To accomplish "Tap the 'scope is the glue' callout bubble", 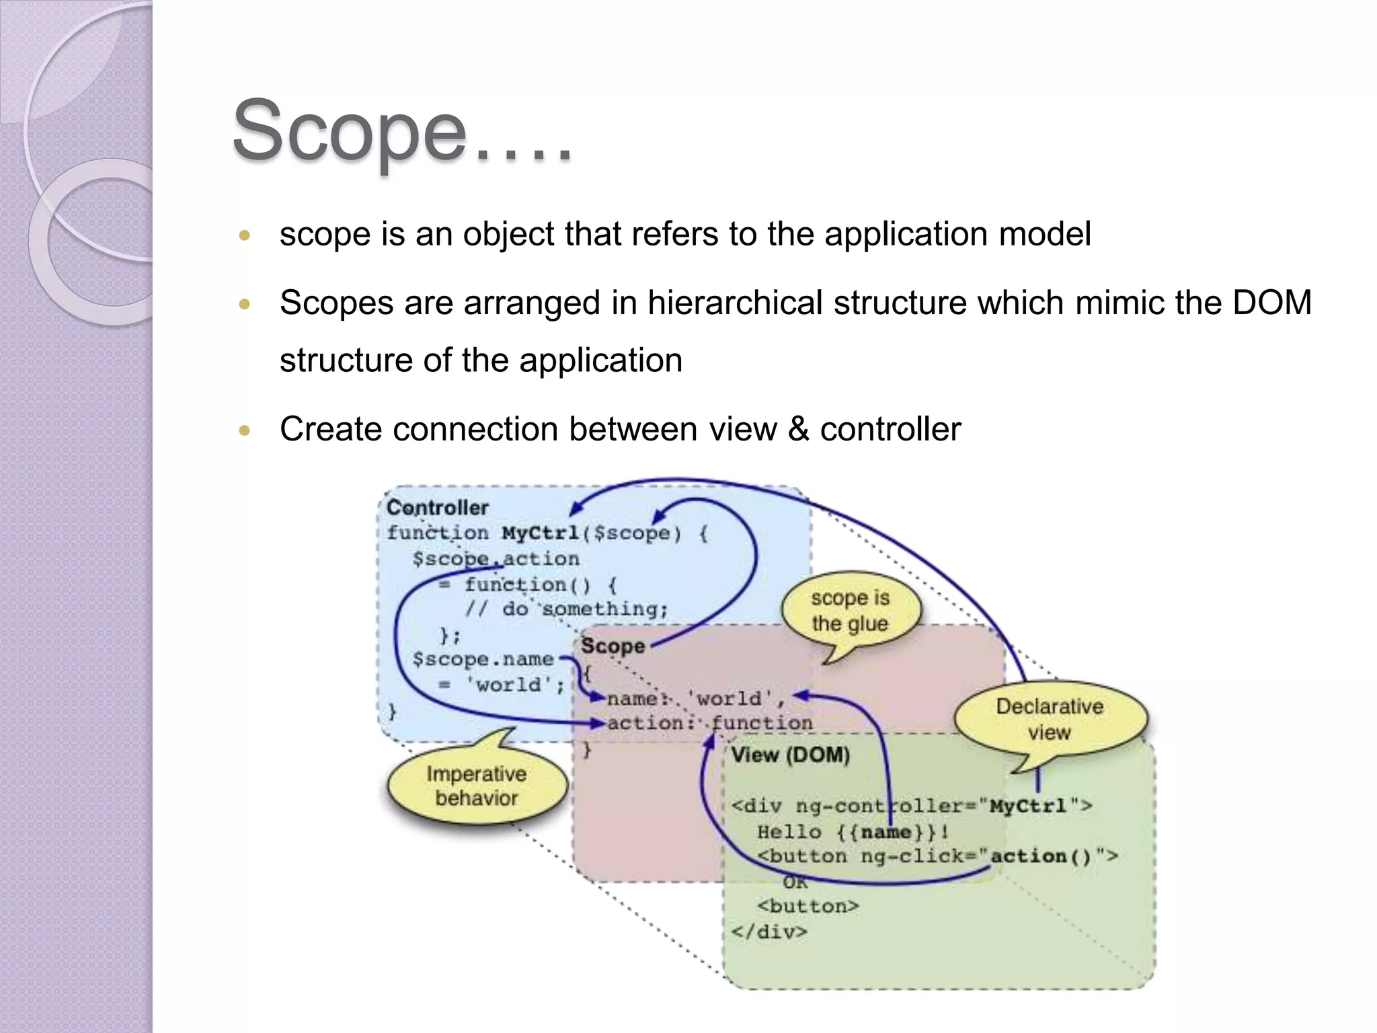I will [x=850, y=611].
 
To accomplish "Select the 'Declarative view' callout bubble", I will [x=1050, y=719].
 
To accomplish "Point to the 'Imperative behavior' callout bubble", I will [x=477, y=786].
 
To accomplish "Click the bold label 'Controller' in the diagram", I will [x=437, y=508].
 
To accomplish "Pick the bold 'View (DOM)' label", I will [x=790, y=755].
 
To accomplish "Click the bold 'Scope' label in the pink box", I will [x=613, y=646].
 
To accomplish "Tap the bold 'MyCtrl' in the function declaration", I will [x=540, y=533].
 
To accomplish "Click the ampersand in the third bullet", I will [x=798, y=429].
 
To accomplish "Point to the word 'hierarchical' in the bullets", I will [x=736, y=302].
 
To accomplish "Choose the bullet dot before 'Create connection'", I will [x=245, y=430].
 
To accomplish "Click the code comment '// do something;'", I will [x=567, y=609].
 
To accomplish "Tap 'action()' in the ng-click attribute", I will [x=1041, y=856].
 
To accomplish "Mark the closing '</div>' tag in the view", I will [x=769, y=932].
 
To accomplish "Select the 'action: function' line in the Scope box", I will [x=709, y=723].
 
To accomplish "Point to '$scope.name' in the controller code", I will [x=483, y=659].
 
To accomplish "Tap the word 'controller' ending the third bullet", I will [x=890, y=429].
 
